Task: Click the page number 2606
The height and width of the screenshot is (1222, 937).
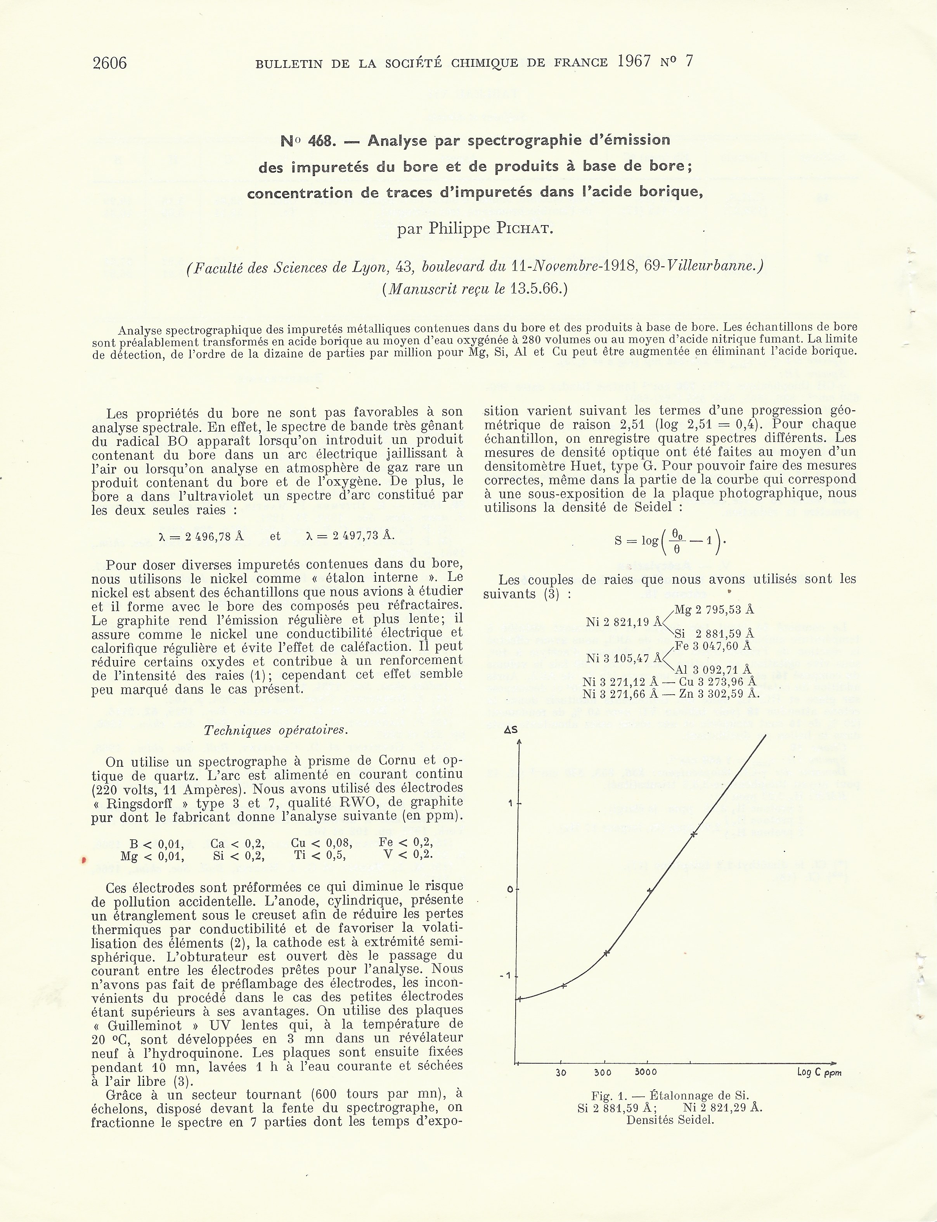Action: [109, 63]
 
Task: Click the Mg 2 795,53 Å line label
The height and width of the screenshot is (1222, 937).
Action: [714, 610]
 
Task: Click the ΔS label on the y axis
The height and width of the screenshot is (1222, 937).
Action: [511, 729]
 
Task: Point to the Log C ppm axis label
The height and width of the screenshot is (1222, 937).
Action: [819, 1073]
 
